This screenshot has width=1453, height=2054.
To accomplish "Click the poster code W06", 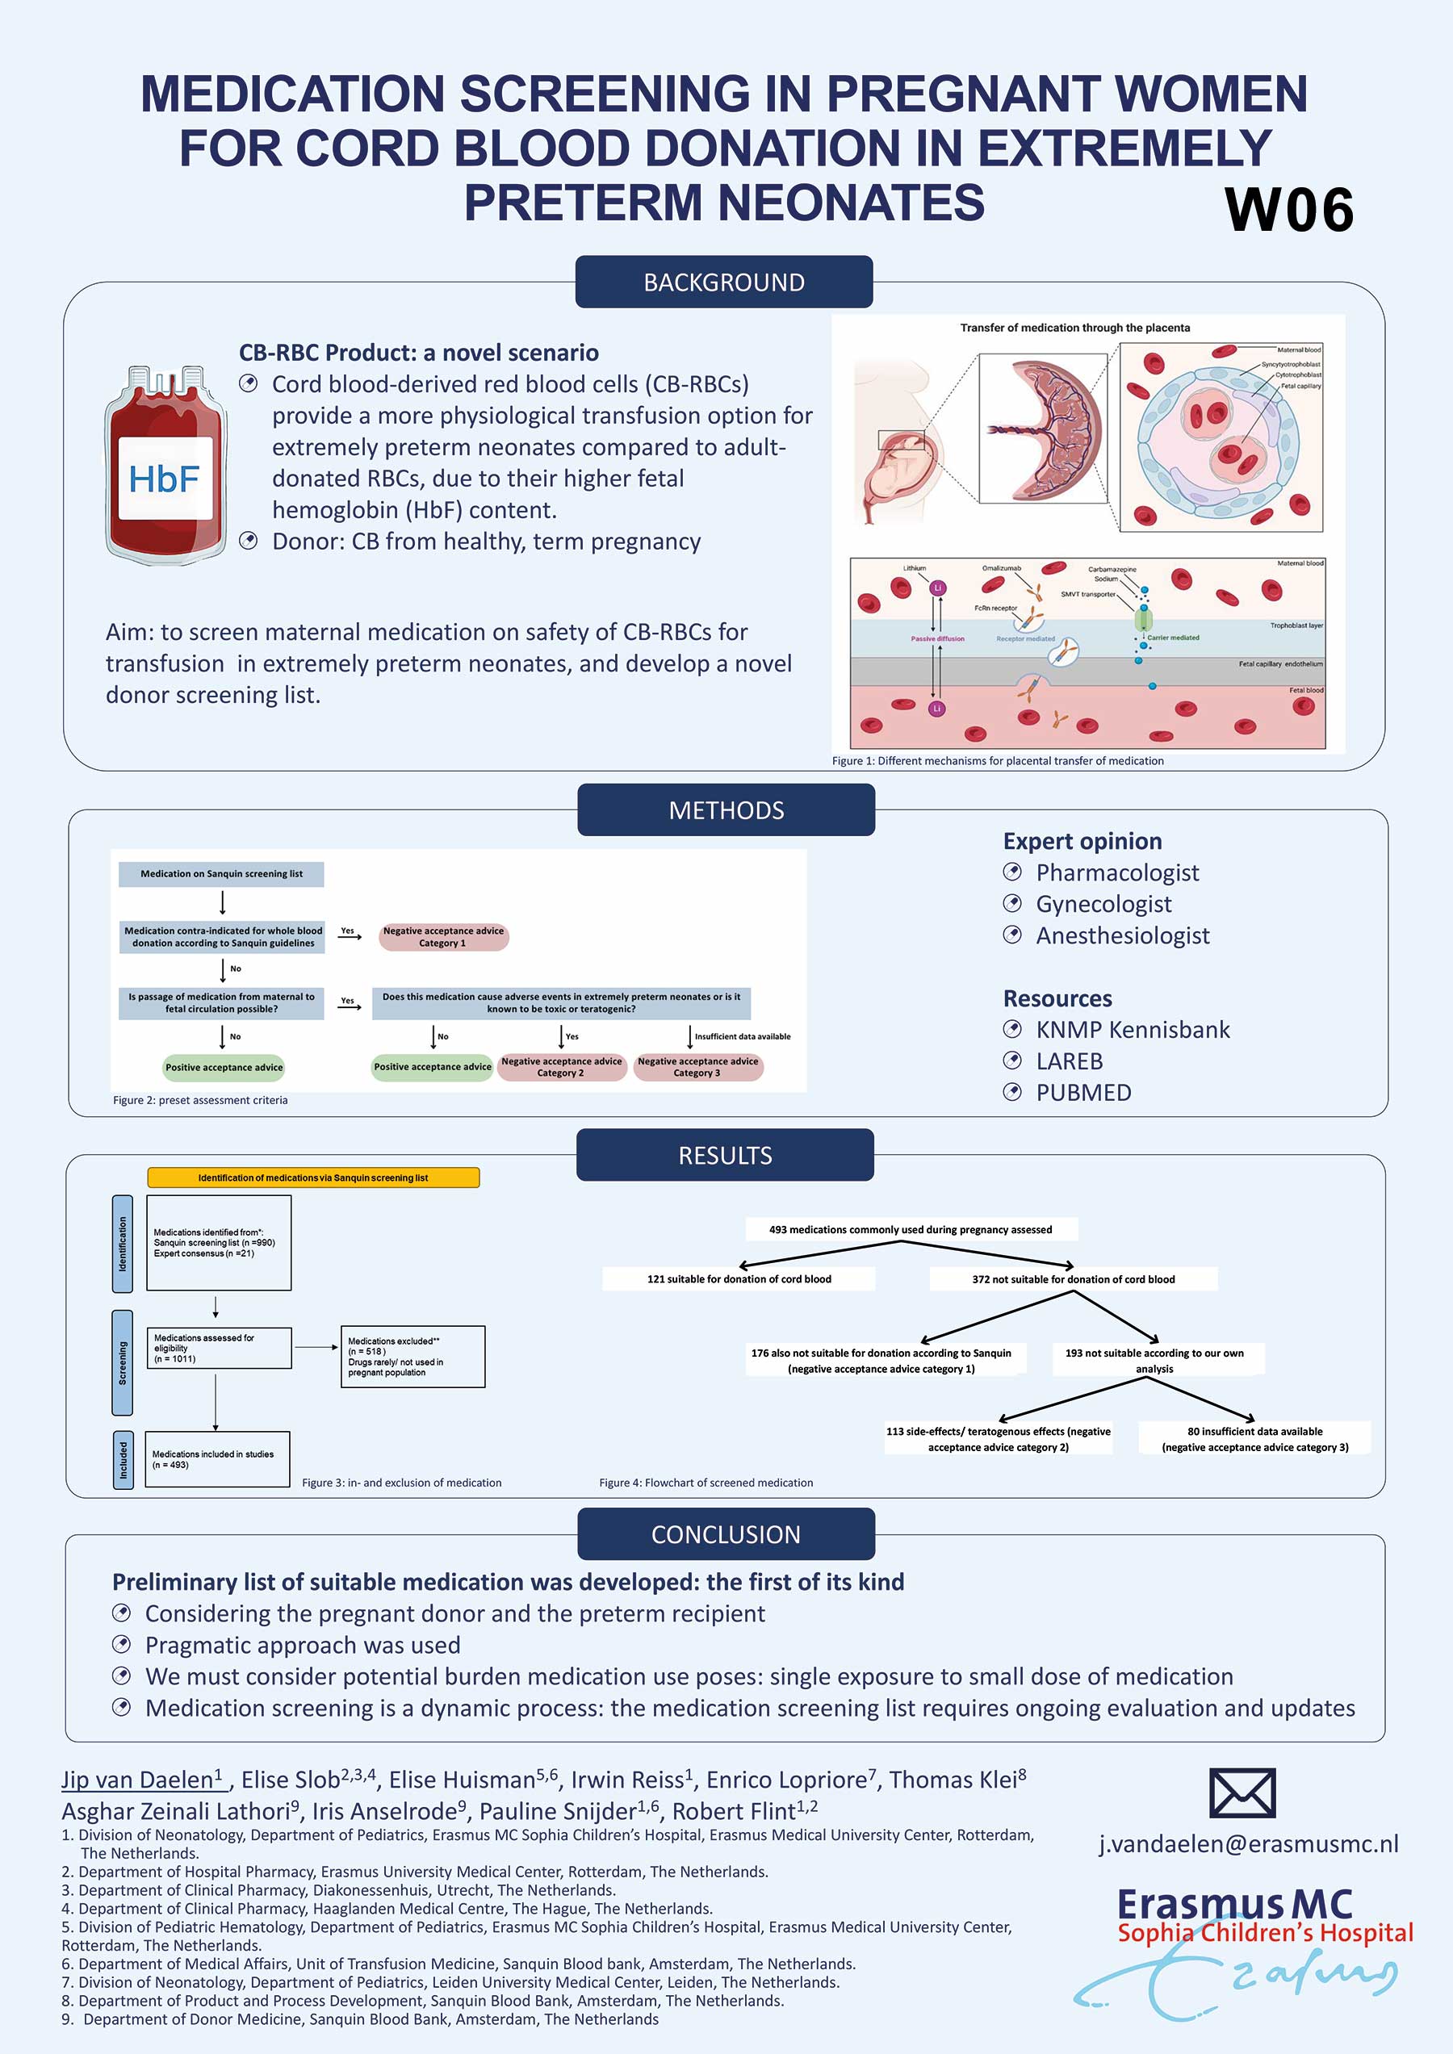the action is pyautogui.click(x=1288, y=210).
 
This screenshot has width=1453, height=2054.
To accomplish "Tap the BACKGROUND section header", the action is pyautogui.click(x=724, y=282).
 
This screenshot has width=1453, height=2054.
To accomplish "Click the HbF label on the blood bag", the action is pyautogui.click(x=164, y=479).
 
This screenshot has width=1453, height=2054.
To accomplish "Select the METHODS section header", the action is pyautogui.click(x=726, y=809).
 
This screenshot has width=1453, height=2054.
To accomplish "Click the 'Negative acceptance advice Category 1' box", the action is pyautogui.click(x=443, y=937).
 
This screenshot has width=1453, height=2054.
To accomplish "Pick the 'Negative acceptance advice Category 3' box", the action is pyautogui.click(x=698, y=1067).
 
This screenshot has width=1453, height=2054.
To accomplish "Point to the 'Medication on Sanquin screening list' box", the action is pyautogui.click(x=221, y=874).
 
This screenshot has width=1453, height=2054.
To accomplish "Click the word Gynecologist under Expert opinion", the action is pyautogui.click(x=1103, y=904).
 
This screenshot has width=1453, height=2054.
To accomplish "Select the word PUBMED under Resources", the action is pyautogui.click(x=1083, y=1092).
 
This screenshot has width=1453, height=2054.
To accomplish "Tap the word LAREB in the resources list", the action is pyautogui.click(x=1070, y=1061).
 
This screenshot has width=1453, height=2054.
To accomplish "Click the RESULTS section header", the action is pyautogui.click(x=725, y=1155).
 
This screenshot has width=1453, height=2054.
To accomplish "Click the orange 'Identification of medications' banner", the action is pyautogui.click(x=313, y=1178).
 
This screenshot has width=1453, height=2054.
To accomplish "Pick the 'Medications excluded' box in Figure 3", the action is pyautogui.click(x=412, y=1356).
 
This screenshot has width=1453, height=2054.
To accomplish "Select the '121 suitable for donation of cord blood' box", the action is pyautogui.click(x=739, y=1279).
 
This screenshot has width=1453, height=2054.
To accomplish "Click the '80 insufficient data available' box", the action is pyautogui.click(x=1254, y=1438).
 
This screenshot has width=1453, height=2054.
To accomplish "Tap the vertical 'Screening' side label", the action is pyautogui.click(x=123, y=1362).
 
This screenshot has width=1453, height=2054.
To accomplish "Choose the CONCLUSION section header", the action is pyautogui.click(x=726, y=1534).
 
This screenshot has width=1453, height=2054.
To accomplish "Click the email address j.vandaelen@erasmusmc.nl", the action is pyautogui.click(x=1248, y=1844).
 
